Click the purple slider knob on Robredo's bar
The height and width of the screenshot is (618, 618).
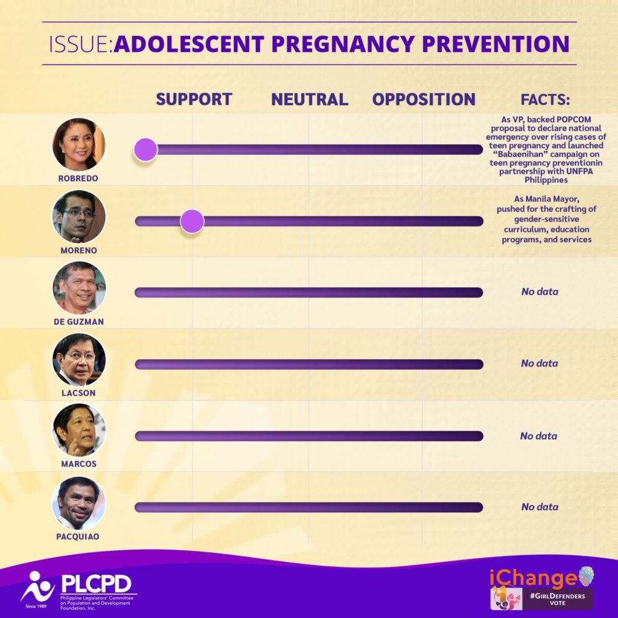pyautogui.click(x=145, y=149)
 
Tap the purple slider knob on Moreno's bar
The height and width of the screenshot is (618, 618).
pyautogui.click(x=192, y=221)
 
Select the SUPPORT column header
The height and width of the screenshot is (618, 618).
pyautogui.click(x=194, y=100)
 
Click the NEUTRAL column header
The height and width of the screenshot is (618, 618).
pyautogui.click(x=309, y=100)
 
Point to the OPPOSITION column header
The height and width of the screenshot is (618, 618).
pyautogui.click(x=424, y=100)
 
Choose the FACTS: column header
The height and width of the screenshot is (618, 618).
pyautogui.click(x=545, y=100)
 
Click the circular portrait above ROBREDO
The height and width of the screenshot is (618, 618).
pyautogui.click(x=79, y=144)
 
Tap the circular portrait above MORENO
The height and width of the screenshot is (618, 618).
pyautogui.click(x=79, y=216)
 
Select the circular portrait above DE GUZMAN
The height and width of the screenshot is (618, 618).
pyautogui.click(x=79, y=288)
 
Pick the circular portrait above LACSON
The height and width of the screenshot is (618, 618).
pyautogui.click(x=79, y=360)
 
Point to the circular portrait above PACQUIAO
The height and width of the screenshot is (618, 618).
pyautogui.click(x=79, y=503)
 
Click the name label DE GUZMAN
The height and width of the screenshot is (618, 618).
pyautogui.click(x=78, y=322)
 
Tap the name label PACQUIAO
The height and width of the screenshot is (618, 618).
pyautogui.click(x=78, y=536)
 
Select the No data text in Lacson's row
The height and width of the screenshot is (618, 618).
pyautogui.click(x=540, y=363)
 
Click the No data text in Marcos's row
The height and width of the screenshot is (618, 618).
pyautogui.click(x=539, y=436)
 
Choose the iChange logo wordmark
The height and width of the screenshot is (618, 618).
pyautogui.click(x=533, y=578)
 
